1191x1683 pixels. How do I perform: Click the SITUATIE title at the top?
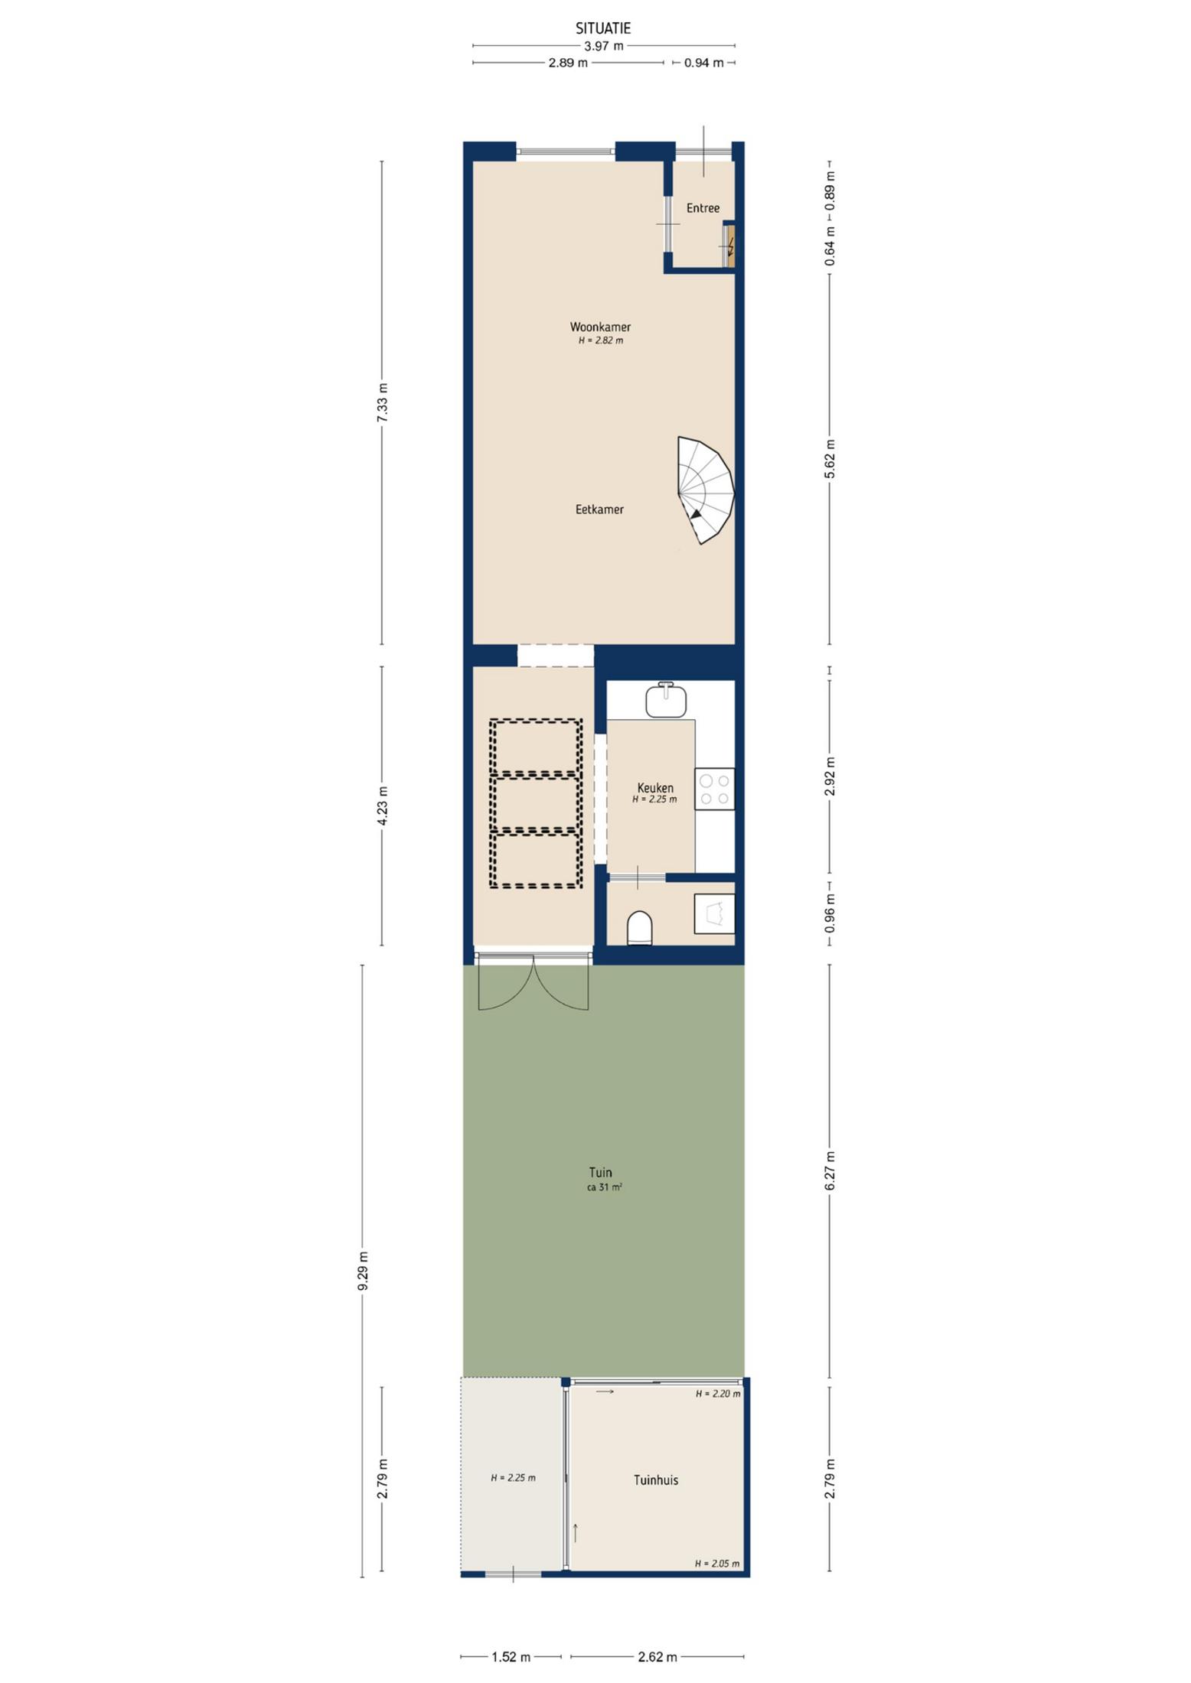pyautogui.click(x=603, y=28)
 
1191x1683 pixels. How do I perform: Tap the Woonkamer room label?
pyautogui.click(x=600, y=327)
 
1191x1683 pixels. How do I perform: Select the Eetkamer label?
pyautogui.click(x=599, y=509)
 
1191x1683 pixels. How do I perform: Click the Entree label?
pyautogui.click(x=703, y=208)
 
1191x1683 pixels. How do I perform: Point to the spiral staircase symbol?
pyautogui.click(x=706, y=490)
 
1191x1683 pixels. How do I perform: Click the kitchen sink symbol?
pyautogui.click(x=665, y=699)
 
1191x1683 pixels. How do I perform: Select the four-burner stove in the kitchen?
pyautogui.click(x=714, y=789)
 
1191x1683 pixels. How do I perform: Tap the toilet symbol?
pyautogui.click(x=639, y=928)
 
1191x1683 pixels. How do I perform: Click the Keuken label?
pyautogui.click(x=655, y=788)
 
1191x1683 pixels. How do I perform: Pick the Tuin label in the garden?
pyautogui.click(x=600, y=1172)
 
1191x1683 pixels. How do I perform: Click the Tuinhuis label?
pyautogui.click(x=656, y=1480)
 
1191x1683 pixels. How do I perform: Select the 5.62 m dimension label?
pyautogui.click(x=830, y=459)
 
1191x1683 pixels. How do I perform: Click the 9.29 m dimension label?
pyautogui.click(x=363, y=1271)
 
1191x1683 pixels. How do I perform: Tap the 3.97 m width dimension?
pyautogui.click(x=604, y=46)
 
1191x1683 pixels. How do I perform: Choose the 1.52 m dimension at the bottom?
pyautogui.click(x=511, y=1657)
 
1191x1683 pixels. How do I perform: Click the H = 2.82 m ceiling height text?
pyautogui.click(x=601, y=340)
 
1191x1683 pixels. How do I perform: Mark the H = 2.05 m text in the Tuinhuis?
pyautogui.click(x=717, y=1563)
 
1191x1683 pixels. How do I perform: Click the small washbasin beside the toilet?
pyautogui.click(x=714, y=913)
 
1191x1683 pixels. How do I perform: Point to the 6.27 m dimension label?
pyautogui.click(x=830, y=1171)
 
